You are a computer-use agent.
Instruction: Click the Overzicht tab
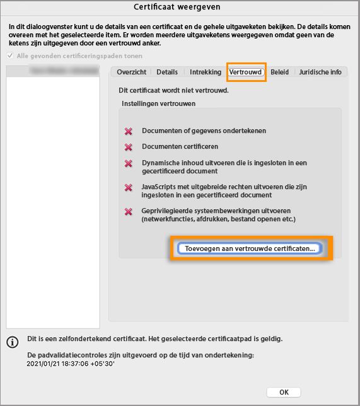pos(132,72)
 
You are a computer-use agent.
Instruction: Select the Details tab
pos(167,72)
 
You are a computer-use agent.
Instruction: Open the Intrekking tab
pos(205,72)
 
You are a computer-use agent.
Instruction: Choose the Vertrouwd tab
pos(246,72)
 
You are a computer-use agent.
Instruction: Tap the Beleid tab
pos(279,72)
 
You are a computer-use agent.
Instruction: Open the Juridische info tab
pos(320,72)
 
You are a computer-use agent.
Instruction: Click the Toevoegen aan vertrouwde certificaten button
pos(250,248)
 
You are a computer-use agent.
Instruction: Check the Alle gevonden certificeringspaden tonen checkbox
pos(9,56)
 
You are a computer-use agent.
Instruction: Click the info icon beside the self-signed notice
pos(12,342)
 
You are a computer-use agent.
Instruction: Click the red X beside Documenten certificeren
pos(129,147)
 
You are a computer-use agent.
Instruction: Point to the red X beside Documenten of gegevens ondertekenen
pos(129,131)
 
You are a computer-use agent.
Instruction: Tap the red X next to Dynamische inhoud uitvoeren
pos(129,163)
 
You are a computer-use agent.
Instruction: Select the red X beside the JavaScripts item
pos(129,188)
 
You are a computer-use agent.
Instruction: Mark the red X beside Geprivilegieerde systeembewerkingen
pos(129,211)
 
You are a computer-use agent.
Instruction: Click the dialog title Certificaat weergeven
pos(180,7)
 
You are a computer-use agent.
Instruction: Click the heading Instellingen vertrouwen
pos(158,103)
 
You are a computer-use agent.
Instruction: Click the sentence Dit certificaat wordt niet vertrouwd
pos(173,90)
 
